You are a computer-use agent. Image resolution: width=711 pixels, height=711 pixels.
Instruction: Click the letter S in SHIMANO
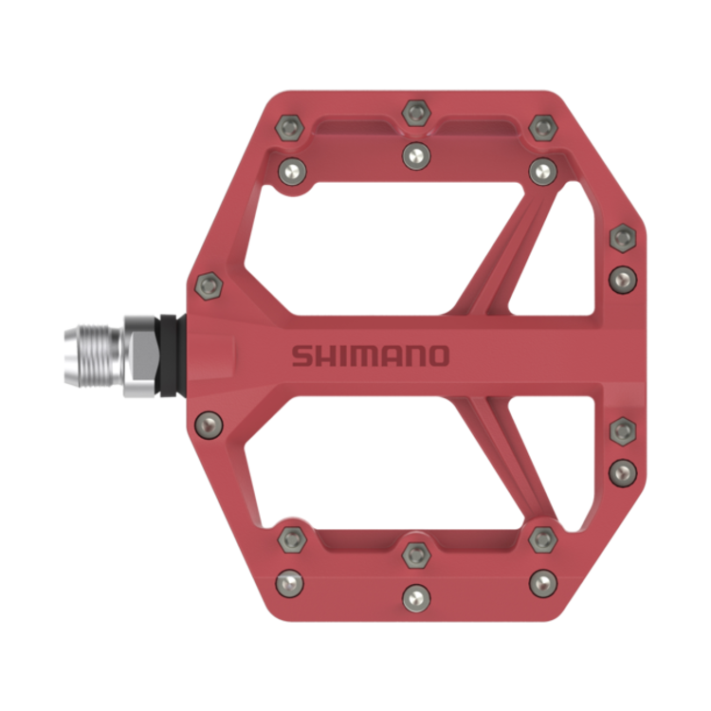pos(301,356)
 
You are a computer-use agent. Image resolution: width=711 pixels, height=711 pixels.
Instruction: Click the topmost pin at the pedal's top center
pos(414,112)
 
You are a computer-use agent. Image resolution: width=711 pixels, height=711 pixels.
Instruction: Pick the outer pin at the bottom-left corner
pos(288,578)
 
